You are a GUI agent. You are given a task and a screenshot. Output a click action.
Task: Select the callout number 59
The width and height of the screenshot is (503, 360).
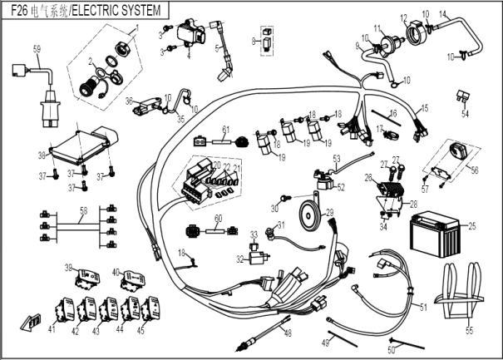(37, 49)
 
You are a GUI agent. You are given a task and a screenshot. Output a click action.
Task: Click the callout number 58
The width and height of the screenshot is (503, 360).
(82, 211)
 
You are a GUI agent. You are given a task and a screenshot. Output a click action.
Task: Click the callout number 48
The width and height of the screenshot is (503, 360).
(288, 333)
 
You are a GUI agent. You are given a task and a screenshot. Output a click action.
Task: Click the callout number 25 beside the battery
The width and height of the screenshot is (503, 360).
(471, 225)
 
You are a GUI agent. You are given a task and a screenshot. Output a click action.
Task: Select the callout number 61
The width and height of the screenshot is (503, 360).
(224, 130)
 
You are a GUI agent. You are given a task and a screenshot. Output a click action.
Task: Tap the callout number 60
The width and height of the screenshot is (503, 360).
(219, 219)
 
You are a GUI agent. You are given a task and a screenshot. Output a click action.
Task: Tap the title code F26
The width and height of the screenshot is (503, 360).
(20, 10)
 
